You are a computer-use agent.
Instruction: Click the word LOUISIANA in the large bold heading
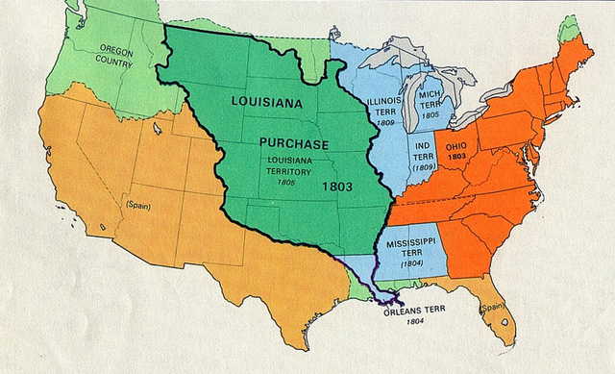click(x=267, y=101)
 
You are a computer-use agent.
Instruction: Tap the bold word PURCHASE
click(x=294, y=142)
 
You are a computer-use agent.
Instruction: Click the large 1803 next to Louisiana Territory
click(x=339, y=183)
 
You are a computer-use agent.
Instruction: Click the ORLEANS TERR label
click(x=415, y=312)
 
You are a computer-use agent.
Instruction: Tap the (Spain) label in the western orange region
click(x=138, y=205)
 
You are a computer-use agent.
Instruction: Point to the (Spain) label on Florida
click(x=492, y=308)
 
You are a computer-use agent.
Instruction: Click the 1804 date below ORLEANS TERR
click(x=415, y=322)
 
